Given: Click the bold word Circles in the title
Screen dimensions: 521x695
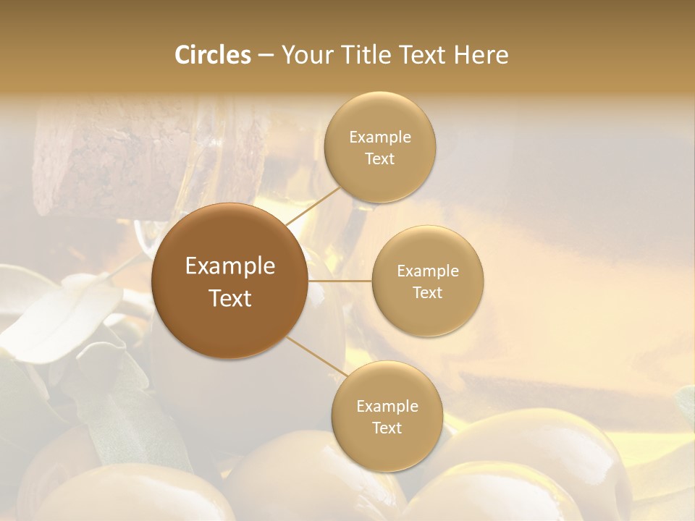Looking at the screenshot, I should (212, 55).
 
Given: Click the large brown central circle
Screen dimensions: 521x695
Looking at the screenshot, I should (229, 281).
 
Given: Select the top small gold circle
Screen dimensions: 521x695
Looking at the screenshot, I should (379, 147).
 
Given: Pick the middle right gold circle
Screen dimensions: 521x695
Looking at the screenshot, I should (427, 281).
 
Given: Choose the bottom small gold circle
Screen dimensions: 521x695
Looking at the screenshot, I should (387, 416).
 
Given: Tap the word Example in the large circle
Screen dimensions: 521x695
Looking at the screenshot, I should (229, 266).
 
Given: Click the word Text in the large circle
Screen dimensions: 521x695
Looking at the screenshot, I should (229, 298).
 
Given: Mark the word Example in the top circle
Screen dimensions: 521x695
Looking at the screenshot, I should (379, 137).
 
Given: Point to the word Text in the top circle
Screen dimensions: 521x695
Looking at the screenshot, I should (379, 158).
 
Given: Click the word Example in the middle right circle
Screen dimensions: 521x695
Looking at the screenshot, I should (427, 271).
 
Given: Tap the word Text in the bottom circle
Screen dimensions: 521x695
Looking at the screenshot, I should (387, 428).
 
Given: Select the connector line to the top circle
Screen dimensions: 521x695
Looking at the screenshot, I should (313, 206).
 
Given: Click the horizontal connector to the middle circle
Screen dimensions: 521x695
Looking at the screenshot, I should (340, 281).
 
